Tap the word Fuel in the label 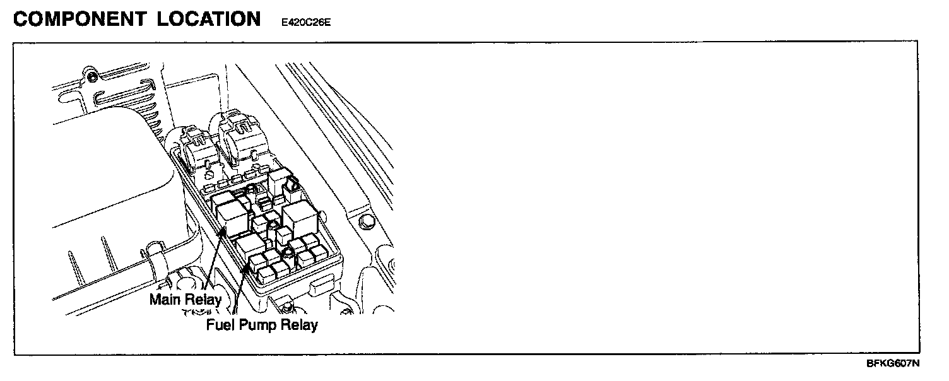tap(218, 325)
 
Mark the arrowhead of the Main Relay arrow tap(223, 232)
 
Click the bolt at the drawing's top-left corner tap(93, 78)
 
